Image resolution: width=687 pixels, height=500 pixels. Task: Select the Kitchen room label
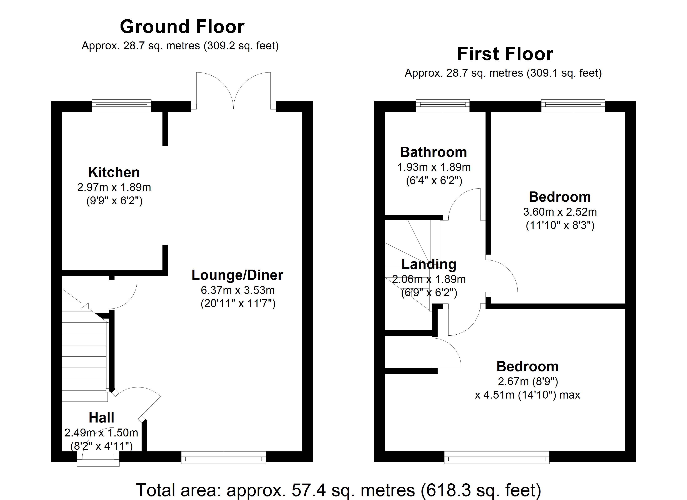point(114,172)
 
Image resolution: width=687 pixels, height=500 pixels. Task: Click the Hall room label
point(101,418)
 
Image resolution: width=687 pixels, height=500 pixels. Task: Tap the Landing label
point(429,264)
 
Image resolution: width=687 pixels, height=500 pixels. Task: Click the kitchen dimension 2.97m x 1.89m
point(114,187)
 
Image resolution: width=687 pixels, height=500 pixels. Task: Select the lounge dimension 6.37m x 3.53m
point(238,290)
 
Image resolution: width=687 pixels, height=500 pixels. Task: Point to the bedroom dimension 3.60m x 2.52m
point(560,212)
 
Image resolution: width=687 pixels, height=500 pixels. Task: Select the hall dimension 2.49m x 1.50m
point(101,433)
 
